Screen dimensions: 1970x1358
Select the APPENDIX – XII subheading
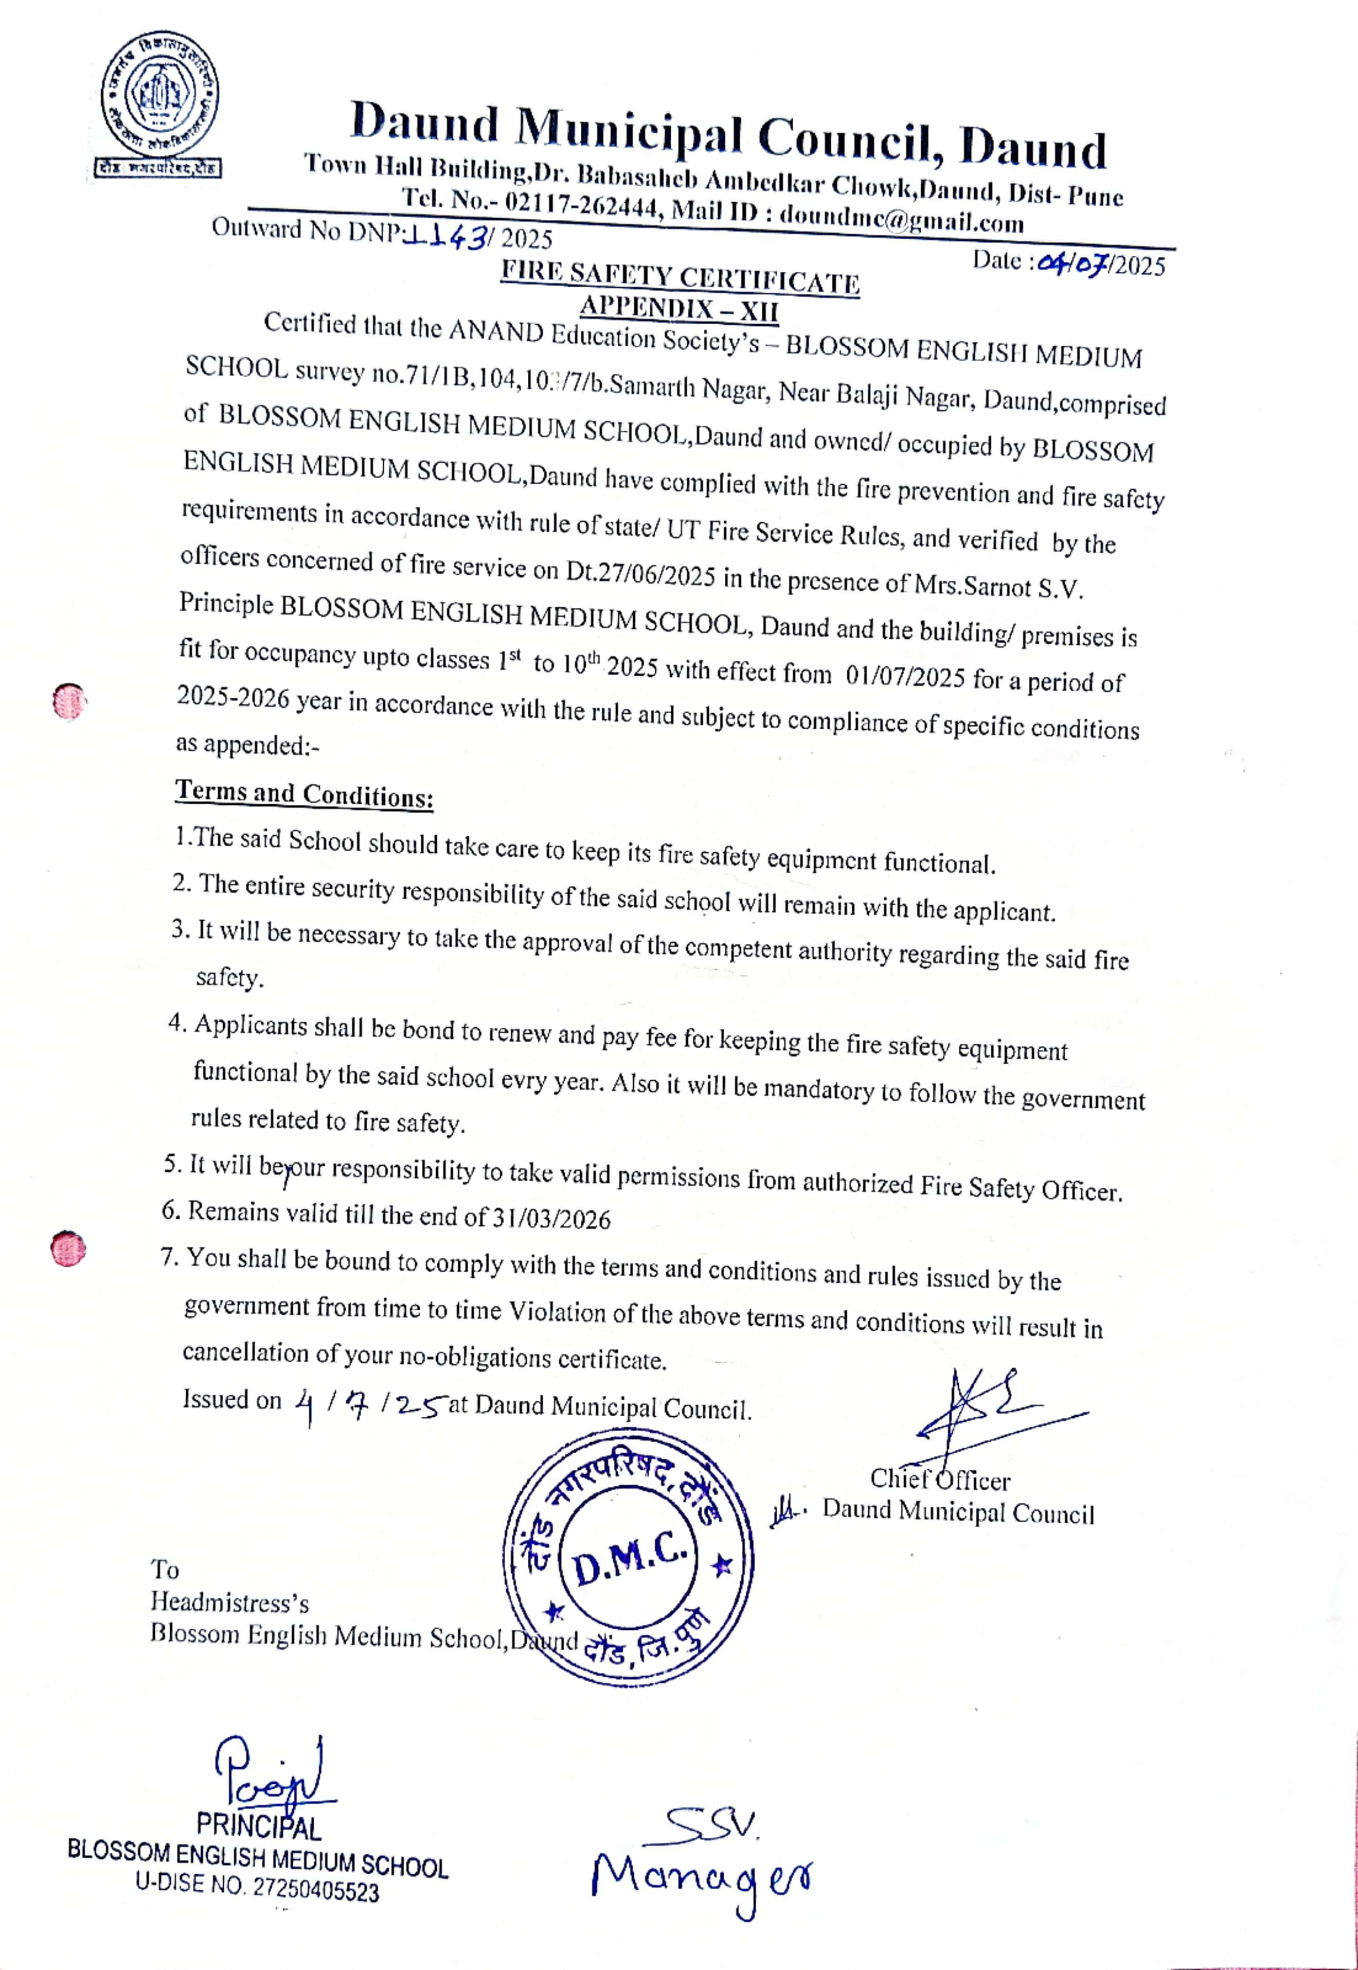click(x=679, y=307)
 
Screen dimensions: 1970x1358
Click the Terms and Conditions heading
click(x=304, y=794)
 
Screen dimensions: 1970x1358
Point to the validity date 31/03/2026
click(x=551, y=1218)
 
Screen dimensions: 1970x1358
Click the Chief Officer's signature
click(x=987, y=1408)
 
